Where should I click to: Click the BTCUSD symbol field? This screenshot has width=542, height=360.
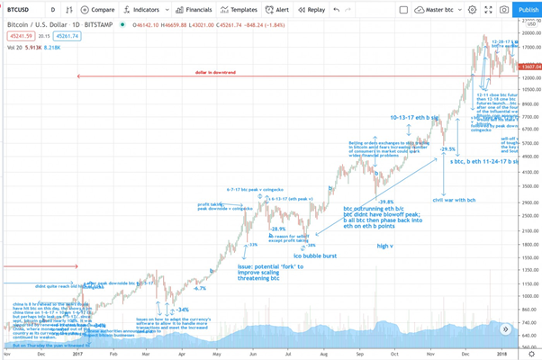22,9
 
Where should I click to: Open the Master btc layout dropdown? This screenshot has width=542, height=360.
445,9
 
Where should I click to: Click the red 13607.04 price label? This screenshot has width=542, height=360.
529,67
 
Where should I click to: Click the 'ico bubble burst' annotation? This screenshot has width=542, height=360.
314,256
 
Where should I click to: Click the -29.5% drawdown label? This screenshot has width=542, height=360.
447,148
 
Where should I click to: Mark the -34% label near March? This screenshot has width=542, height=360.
182,309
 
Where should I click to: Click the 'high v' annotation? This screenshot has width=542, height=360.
385,246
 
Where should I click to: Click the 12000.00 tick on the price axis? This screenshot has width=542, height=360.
529,77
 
